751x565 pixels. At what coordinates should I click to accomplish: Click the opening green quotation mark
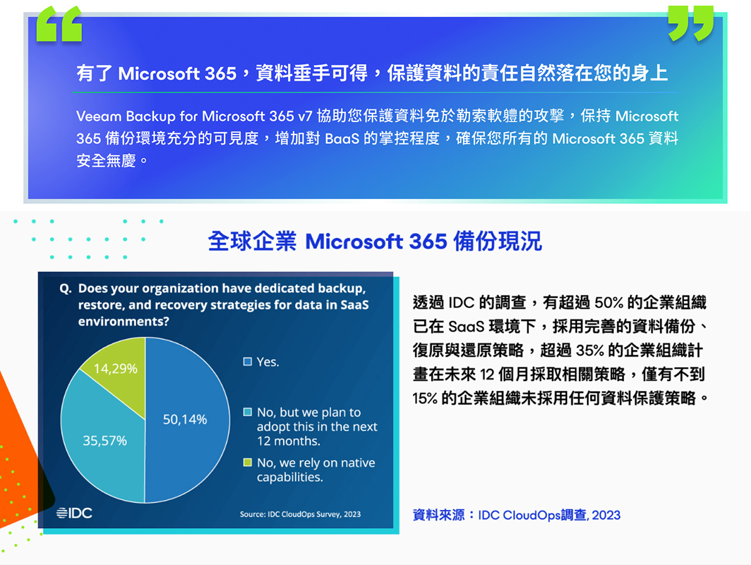(x=59, y=24)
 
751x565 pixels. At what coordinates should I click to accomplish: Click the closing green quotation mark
(x=691, y=23)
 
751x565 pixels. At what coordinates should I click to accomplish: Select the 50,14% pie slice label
(x=185, y=419)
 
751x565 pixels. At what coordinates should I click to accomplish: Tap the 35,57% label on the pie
(x=105, y=440)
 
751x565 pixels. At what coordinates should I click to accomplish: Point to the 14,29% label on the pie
(x=116, y=369)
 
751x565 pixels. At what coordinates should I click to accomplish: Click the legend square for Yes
(x=247, y=362)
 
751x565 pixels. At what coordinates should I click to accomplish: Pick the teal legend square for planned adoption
(x=247, y=412)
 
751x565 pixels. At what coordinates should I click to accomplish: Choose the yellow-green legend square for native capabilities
(x=247, y=462)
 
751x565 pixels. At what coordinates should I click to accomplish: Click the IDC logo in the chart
(x=74, y=513)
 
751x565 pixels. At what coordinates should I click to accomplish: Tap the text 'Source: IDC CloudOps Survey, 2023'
(x=300, y=514)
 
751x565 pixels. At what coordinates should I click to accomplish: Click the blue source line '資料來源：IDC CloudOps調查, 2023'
(x=516, y=515)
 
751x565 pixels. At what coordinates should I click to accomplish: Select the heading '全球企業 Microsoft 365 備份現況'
(x=375, y=242)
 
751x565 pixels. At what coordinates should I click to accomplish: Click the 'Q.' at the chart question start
(x=66, y=288)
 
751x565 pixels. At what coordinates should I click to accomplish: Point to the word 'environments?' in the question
(x=123, y=322)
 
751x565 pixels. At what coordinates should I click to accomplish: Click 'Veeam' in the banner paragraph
(x=99, y=116)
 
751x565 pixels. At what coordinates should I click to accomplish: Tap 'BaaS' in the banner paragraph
(x=342, y=139)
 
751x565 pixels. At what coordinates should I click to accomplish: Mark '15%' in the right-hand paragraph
(x=425, y=399)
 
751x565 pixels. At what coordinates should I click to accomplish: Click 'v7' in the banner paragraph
(x=305, y=117)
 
